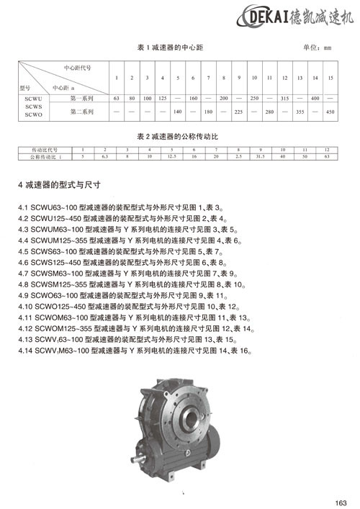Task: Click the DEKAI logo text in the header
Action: [269, 16]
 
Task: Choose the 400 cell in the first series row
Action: [315, 96]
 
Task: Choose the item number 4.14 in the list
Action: [27, 351]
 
